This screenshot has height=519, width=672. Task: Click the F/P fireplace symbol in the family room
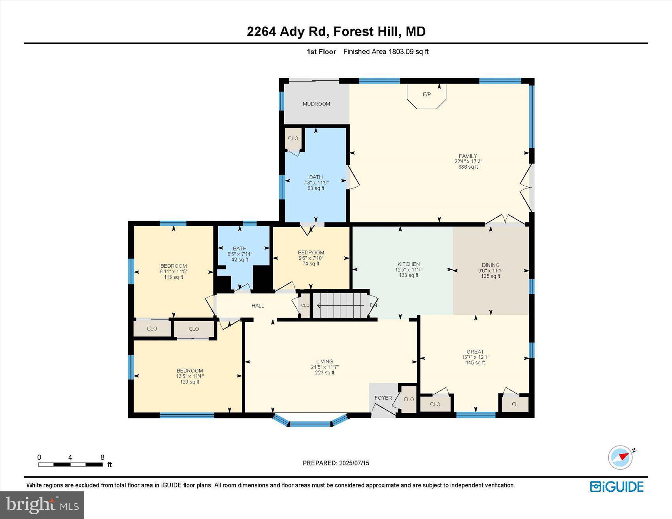point(427,95)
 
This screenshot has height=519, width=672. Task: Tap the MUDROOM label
point(316,104)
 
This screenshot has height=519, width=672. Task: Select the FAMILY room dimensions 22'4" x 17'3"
point(468,162)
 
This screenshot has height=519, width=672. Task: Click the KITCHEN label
point(408,264)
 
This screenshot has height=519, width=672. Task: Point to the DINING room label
point(490,265)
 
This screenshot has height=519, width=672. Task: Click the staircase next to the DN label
point(340,305)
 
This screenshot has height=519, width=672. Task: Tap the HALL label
point(258,306)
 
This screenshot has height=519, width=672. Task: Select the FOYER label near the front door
point(383,398)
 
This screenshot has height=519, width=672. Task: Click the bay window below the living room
point(310,423)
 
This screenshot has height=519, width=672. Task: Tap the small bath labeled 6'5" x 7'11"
point(240,254)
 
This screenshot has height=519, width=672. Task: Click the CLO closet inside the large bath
point(293,139)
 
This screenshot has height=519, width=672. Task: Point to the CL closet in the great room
point(515,404)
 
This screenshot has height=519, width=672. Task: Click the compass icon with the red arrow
point(620,457)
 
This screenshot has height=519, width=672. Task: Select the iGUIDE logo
point(617,487)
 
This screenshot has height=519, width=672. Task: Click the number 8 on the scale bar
point(102,457)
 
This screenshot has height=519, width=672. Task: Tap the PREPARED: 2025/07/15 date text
point(336,463)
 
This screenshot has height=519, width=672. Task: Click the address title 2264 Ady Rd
point(336,32)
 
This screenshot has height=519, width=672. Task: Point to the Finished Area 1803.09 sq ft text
point(386,52)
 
